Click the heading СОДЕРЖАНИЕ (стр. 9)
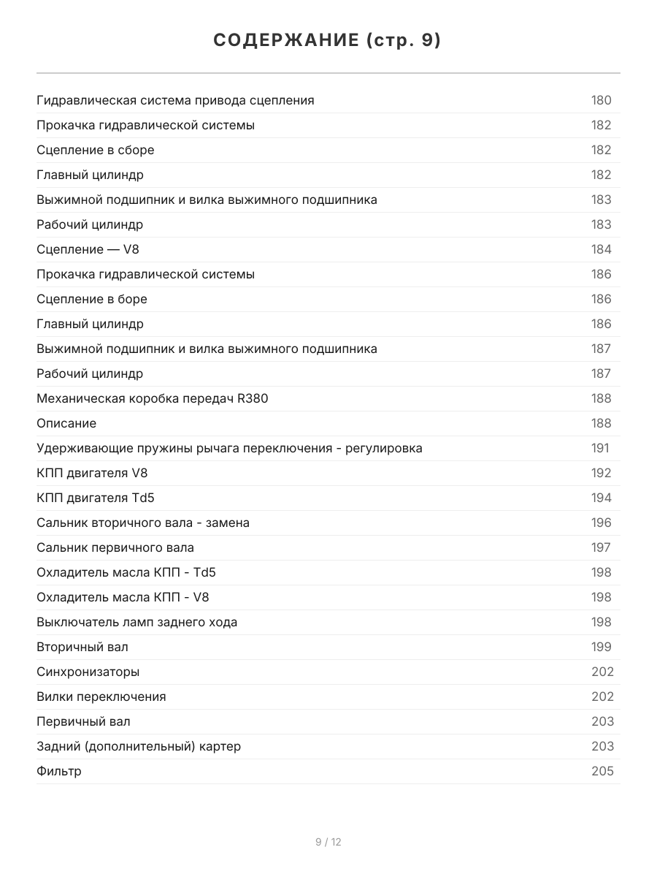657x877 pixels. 328,41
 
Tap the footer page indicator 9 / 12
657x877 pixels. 328,842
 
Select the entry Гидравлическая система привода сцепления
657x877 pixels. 175,100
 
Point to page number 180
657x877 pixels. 601,100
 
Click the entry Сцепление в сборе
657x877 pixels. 96,150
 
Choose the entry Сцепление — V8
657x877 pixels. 88,249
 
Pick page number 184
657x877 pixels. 601,249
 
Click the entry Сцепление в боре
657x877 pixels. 92,299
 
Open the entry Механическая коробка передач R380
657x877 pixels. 157,398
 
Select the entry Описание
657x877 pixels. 66,423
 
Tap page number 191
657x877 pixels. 600,448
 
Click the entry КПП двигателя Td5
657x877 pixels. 96,498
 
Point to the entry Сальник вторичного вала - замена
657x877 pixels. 143,523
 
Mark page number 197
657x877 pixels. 601,547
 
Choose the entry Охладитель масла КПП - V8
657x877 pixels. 123,597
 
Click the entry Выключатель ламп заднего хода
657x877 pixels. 137,622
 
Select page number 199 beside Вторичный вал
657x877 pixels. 601,647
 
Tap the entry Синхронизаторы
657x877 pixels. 88,672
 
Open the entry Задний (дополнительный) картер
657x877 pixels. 139,746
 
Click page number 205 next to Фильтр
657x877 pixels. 602,771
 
